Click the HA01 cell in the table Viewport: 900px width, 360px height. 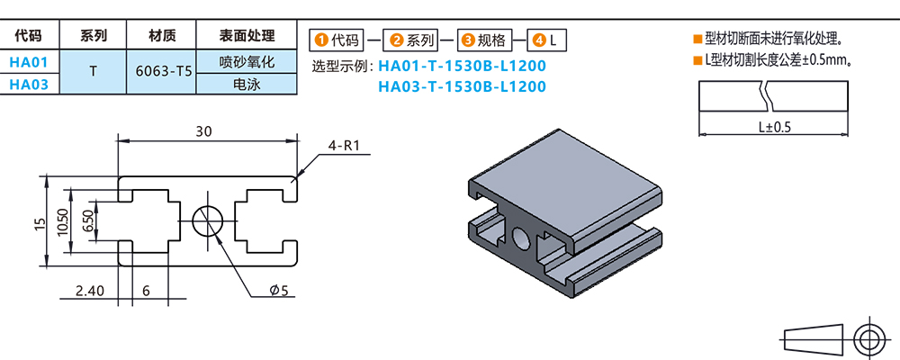(x=30, y=63)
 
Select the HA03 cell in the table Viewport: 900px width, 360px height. (x=30, y=85)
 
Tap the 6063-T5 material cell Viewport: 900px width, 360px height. (x=163, y=73)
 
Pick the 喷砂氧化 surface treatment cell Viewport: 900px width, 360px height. (x=246, y=62)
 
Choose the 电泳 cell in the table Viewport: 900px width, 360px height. (x=246, y=85)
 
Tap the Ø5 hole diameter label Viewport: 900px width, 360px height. (x=278, y=291)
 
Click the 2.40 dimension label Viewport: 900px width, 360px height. (x=91, y=291)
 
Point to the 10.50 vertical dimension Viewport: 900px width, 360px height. (x=62, y=220)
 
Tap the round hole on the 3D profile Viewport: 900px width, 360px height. (x=521, y=238)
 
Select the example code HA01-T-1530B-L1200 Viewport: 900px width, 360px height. (x=462, y=66)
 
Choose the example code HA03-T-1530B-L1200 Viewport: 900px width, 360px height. (x=462, y=87)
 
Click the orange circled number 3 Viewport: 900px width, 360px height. (x=467, y=40)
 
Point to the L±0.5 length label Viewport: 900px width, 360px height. (x=774, y=127)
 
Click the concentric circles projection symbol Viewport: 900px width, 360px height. (x=869, y=339)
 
